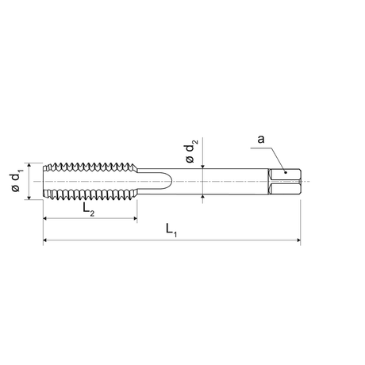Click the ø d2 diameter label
click(x=191, y=151)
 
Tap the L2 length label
click(x=88, y=209)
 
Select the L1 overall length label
click(x=171, y=229)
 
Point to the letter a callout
click(x=261, y=139)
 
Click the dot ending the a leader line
click(x=286, y=173)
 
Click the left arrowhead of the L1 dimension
click(x=45, y=240)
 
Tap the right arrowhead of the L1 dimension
click(x=298, y=240)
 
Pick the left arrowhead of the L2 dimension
click(x=45, y=218)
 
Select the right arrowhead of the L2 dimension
click(x=135, y=218)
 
